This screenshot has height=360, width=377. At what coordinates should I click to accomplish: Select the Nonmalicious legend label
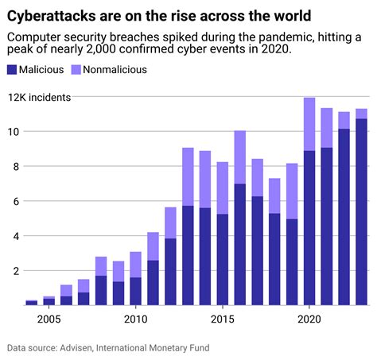118,69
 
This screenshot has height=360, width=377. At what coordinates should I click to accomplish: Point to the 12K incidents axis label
40,97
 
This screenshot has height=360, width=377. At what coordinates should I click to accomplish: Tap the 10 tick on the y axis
14,131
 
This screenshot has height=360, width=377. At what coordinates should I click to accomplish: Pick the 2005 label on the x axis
49,318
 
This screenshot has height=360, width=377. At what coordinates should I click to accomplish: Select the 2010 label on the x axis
135,318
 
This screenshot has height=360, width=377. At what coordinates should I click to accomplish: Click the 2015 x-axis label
222,318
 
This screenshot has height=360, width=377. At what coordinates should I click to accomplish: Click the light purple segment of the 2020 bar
309,124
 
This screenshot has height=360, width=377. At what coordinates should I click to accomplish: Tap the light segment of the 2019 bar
292,191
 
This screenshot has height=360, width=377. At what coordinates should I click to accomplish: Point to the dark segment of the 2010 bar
135,291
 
